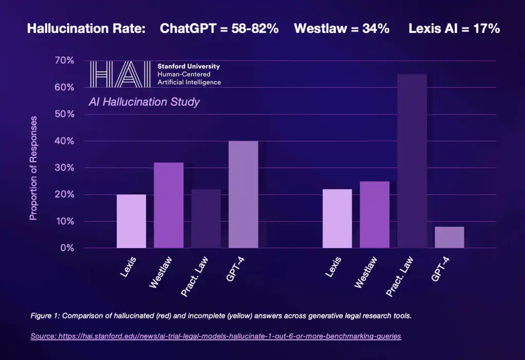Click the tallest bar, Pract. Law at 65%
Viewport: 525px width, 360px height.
[412, 161]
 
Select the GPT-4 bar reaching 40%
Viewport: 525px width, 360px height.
[243, 194]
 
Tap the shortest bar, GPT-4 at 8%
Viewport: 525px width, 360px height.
[449, 237]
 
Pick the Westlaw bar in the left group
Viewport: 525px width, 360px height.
[169, 205]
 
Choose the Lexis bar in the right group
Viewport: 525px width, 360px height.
[337, 218]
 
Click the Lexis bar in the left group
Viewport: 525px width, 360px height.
[131, 221]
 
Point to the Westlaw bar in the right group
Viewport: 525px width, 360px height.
[374, 214]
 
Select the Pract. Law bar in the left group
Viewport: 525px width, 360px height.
[206, 218]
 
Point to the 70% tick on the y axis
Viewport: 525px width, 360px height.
[64, 61]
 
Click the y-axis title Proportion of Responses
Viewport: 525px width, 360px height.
[34, 168]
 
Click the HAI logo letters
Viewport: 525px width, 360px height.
[121, 74]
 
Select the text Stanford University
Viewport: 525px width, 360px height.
[189, 67]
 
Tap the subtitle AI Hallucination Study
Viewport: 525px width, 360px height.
[144, 102]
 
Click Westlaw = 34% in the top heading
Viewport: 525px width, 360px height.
[341, 29]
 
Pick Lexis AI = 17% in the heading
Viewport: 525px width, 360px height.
[454, 29]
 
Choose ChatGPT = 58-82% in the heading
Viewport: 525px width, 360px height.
[219, 29]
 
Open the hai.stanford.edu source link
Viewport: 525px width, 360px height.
[215, 336]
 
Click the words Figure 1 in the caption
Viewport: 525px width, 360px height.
[44, 315]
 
